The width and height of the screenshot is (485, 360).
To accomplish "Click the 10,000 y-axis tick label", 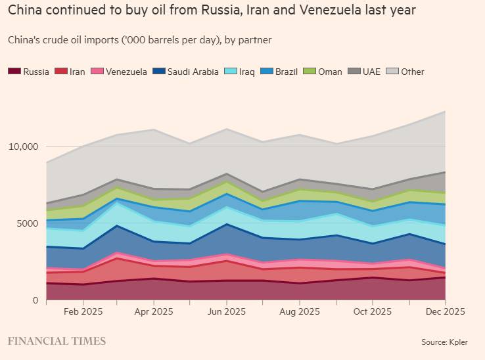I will click(x=24, y=146).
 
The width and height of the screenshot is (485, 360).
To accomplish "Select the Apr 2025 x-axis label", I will click(x=153, y=312).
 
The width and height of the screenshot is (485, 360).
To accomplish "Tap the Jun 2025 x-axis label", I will click(x=226, y=312).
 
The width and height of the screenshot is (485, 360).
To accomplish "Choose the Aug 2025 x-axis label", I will click(x=299, y=312).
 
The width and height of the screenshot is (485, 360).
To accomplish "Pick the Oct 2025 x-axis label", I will click(x=372, y=312).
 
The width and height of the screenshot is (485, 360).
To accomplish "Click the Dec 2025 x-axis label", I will click(x=445, y=312).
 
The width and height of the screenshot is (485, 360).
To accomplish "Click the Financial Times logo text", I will click(x=57, y=341).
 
